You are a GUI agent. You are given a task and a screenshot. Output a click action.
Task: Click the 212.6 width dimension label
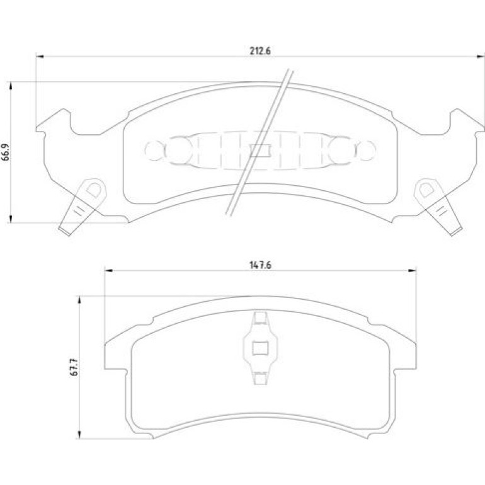point(260,51)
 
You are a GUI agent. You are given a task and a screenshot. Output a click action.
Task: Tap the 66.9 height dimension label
point(6,152)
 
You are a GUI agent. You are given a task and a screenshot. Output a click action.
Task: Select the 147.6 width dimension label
point(260,265)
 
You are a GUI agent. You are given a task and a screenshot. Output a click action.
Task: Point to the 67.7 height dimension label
point(74,367)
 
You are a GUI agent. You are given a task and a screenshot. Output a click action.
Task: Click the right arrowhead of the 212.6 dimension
point(481,57)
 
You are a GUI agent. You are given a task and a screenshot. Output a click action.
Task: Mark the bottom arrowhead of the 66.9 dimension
point(11,219)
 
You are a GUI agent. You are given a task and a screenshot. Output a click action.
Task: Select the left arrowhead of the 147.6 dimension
point(108,271)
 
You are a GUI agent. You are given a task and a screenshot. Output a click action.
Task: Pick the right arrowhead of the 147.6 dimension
point(413,271)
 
